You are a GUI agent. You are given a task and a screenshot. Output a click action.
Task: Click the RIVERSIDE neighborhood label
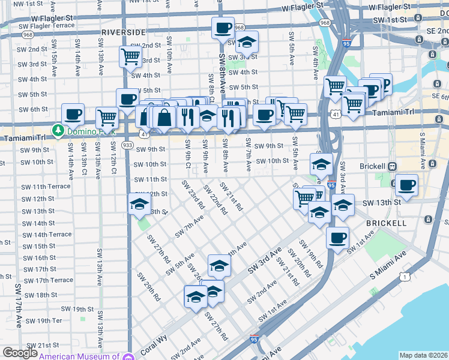coord(123,32)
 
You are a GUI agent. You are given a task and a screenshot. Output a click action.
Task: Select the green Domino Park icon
coord(58,130)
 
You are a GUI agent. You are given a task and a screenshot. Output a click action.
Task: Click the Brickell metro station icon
coord(392,166)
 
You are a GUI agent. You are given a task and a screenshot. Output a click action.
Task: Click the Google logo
coord(19,353)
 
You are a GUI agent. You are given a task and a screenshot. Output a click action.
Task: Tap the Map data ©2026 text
coord(423,355)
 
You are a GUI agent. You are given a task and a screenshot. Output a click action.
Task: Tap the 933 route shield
coord(127,145)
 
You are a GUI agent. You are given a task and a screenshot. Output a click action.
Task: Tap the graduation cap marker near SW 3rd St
coord(246,42)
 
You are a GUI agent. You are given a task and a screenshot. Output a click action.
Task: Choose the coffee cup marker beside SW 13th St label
coord(406,185)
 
